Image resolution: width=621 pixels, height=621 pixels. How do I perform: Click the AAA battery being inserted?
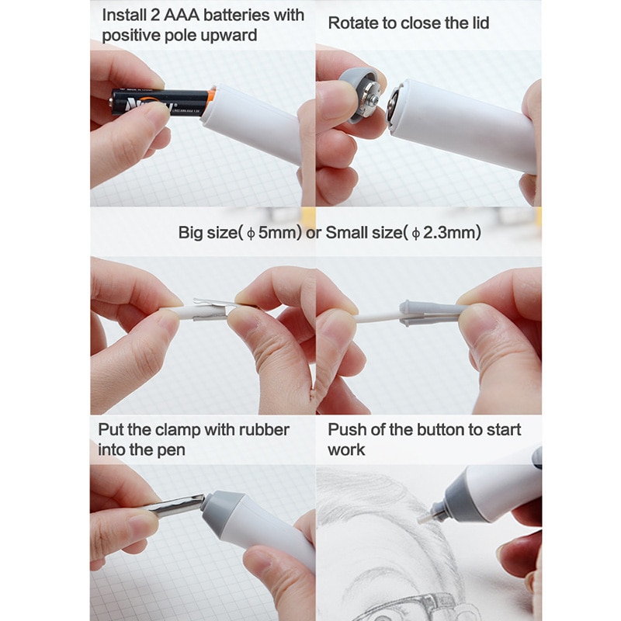click(155, 101)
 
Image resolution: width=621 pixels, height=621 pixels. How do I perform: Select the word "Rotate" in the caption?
click(354, 23)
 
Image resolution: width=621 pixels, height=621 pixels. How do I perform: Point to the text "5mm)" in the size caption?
click(280, 232)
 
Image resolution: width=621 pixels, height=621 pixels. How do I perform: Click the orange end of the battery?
click(210, 99)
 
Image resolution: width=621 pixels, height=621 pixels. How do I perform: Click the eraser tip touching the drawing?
click(425, 515)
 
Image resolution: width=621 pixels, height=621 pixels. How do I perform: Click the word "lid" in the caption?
click(479, 23)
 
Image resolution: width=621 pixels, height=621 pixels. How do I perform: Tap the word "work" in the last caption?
click(346, 449)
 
